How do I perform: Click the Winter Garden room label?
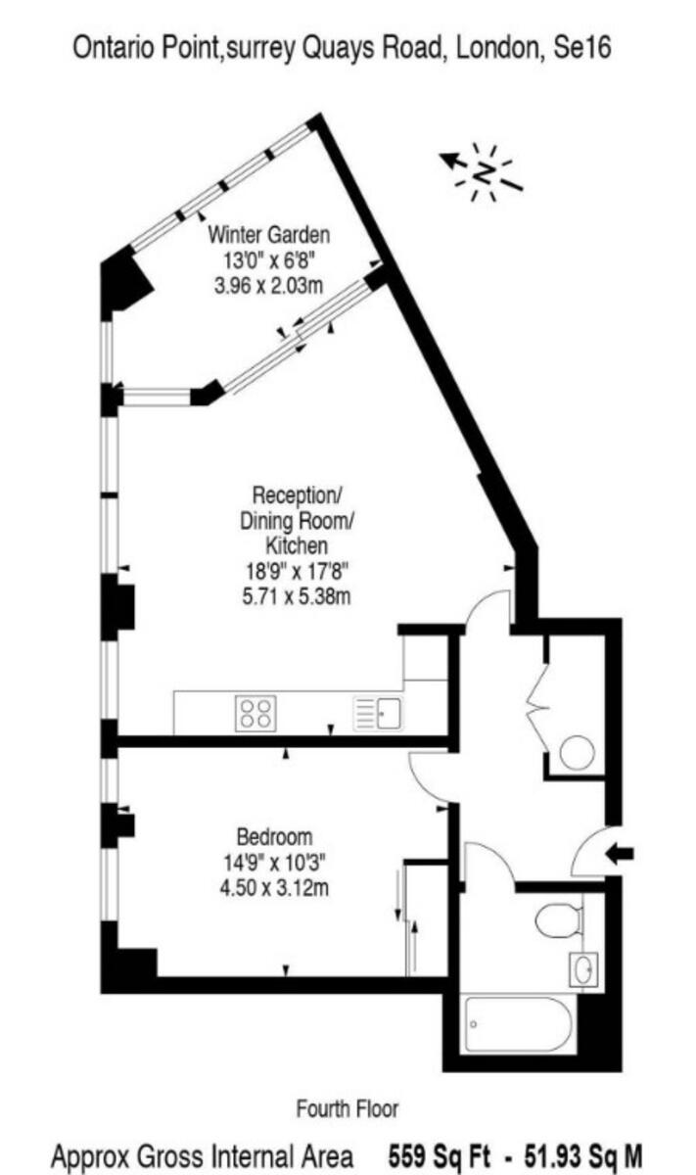[x=269, y=235]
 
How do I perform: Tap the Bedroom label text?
[x=275, y=837]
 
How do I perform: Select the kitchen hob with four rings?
[x=256, y=712]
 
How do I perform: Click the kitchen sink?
[x=380, y=714]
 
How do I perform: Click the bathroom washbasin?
[x=584, y=969]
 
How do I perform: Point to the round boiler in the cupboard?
[x=577, y=752]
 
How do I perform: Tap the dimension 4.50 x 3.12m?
[x=275, y=888]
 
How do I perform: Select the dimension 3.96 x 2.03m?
[x=269, y=286]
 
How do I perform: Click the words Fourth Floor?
[x=348, y=1108]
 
